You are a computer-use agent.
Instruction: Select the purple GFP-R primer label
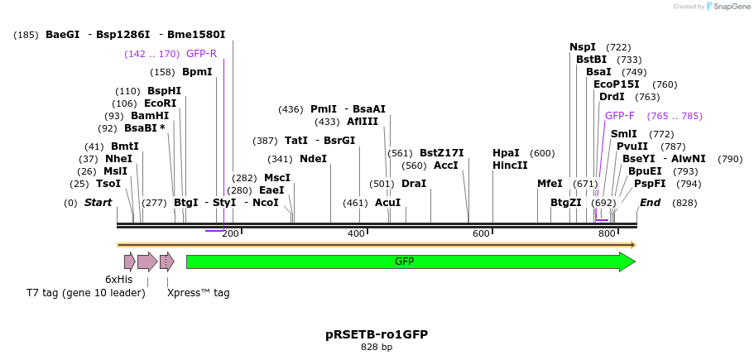click(x=201, y=54)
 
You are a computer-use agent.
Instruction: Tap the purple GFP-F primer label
click(x=620, y=116)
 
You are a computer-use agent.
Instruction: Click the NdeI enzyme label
click(x=313, y=159)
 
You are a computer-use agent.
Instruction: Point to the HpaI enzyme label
click(x=506, y=153)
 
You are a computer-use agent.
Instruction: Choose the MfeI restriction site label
click(x=550, y=184)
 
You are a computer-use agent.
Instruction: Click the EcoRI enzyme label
click(x=161, y=103)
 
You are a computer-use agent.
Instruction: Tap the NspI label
click(x=583, y=47)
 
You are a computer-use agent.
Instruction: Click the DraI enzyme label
click(x=414, y=184)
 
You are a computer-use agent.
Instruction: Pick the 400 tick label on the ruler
click(x=356, y=234)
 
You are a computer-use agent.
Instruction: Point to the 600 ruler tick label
click(x=481, y=234)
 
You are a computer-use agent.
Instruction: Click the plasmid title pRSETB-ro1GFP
click(x=377, y=334)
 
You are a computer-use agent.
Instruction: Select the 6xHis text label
click(x=118, y=280)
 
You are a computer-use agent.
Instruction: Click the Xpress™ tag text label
click(x=199, y=293)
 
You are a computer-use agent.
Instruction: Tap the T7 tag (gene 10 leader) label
click(x=86, y=293)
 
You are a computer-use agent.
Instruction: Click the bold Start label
click(x=98, y=203)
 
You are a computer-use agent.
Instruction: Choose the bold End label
click(x=651, y=203)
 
